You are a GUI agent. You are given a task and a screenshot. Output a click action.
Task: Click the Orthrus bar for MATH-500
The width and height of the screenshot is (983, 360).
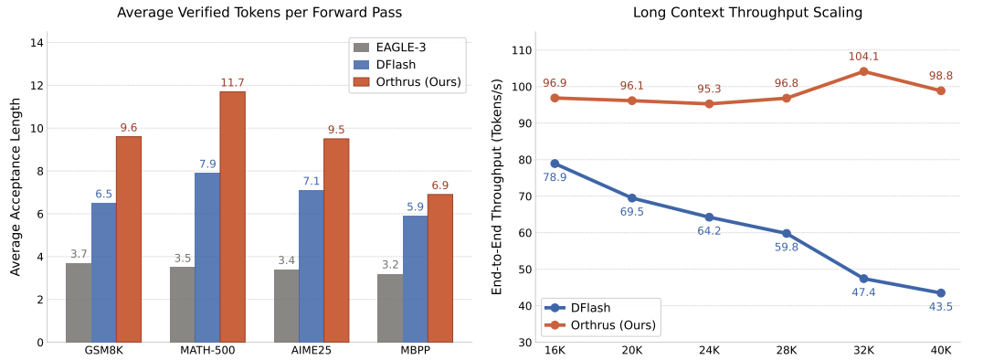coord(233,217)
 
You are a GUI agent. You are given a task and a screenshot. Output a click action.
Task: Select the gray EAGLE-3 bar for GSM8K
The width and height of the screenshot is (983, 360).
coord(79,303)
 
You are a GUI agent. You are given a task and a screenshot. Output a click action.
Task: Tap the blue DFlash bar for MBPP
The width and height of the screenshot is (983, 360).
coord(415,279)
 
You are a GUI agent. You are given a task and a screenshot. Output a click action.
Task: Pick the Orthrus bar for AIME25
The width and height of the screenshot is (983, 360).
coord(336,240)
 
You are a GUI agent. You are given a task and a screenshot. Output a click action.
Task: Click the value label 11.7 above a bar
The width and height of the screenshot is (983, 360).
coord(233,83)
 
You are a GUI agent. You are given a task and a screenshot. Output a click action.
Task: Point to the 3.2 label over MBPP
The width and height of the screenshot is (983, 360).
coord(391,264)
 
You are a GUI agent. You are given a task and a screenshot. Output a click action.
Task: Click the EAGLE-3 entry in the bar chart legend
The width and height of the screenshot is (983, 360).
coord(394,47)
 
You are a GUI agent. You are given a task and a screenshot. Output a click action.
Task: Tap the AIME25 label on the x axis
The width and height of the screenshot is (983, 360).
coord(311,350)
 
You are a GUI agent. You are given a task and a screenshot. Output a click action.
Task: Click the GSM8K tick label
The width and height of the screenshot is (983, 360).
coord(103,350)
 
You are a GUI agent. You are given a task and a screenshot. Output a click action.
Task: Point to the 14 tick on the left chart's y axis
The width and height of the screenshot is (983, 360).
coord(37,43)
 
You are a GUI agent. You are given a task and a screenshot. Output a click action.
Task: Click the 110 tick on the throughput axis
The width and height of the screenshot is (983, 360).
coord(525,51)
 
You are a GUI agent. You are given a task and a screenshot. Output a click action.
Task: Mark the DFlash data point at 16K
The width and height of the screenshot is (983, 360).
coord(555,164)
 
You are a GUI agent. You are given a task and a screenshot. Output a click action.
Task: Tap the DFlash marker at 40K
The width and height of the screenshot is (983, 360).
coord(940,293)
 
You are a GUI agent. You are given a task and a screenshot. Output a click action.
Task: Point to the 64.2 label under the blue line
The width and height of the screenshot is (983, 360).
coord(709,231)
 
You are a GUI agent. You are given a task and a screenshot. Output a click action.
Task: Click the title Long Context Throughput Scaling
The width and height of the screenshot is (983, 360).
coord(747,12)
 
